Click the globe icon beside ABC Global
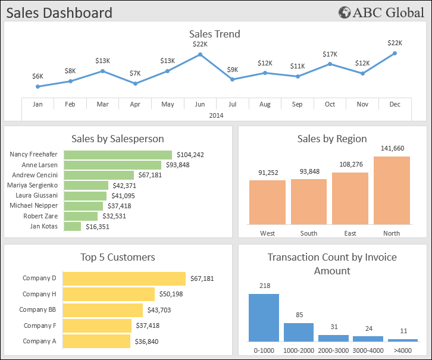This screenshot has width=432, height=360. pos(345,12)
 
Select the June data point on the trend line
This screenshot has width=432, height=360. pos(200,55)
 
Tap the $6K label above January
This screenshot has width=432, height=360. pos(37,76)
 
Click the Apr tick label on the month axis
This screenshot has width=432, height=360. pos(135,104)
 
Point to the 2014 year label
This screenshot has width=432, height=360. pos(217,115)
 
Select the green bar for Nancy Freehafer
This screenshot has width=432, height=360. pos(118,155)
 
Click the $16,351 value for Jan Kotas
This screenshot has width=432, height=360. pos(98,227)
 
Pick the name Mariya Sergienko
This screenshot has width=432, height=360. pos(33,185)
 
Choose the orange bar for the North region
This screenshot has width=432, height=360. pos(392,190)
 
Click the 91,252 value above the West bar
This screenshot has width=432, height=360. pos(267,173)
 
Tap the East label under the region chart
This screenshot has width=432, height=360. pos(350,233)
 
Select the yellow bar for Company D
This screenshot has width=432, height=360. pos(124,278)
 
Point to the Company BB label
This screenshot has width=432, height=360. pos(37,310)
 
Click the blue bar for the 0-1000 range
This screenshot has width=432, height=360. pos(264,317)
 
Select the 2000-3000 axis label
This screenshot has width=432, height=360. pos(333,350)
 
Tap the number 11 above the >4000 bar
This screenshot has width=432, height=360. pos(403,331)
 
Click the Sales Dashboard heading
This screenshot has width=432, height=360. pos(60,12)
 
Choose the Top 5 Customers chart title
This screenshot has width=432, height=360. pos(118,257)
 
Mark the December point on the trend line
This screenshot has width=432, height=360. pos(395,54)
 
